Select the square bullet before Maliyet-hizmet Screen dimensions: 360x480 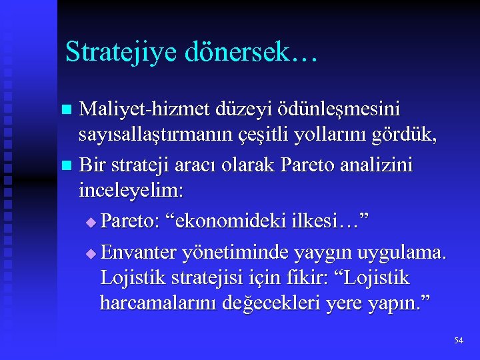65,109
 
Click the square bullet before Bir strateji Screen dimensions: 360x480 65,165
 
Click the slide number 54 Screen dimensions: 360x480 458,341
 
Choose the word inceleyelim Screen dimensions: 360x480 131,192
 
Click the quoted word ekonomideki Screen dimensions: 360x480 225,220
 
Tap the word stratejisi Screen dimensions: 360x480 199,278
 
